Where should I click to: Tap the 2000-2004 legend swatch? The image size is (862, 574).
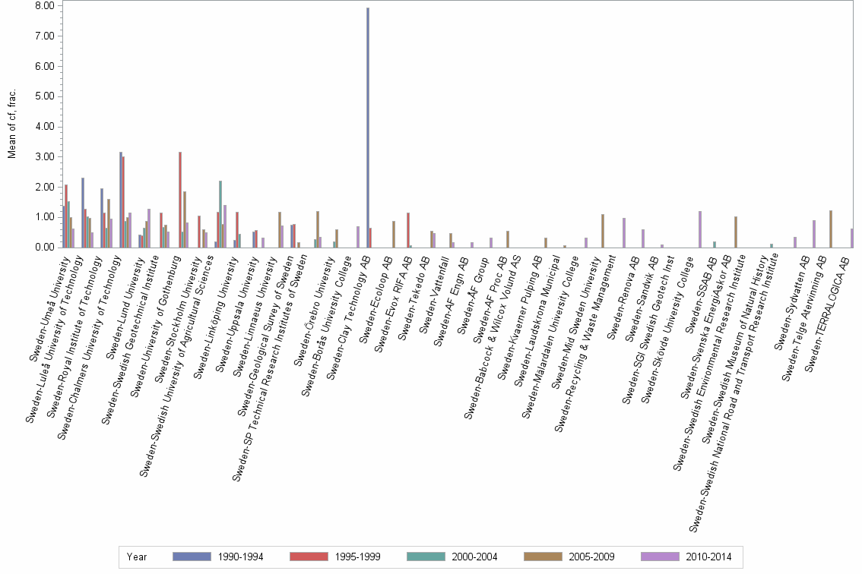pos(427,557)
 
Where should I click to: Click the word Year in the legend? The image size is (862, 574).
pos(137,557)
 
